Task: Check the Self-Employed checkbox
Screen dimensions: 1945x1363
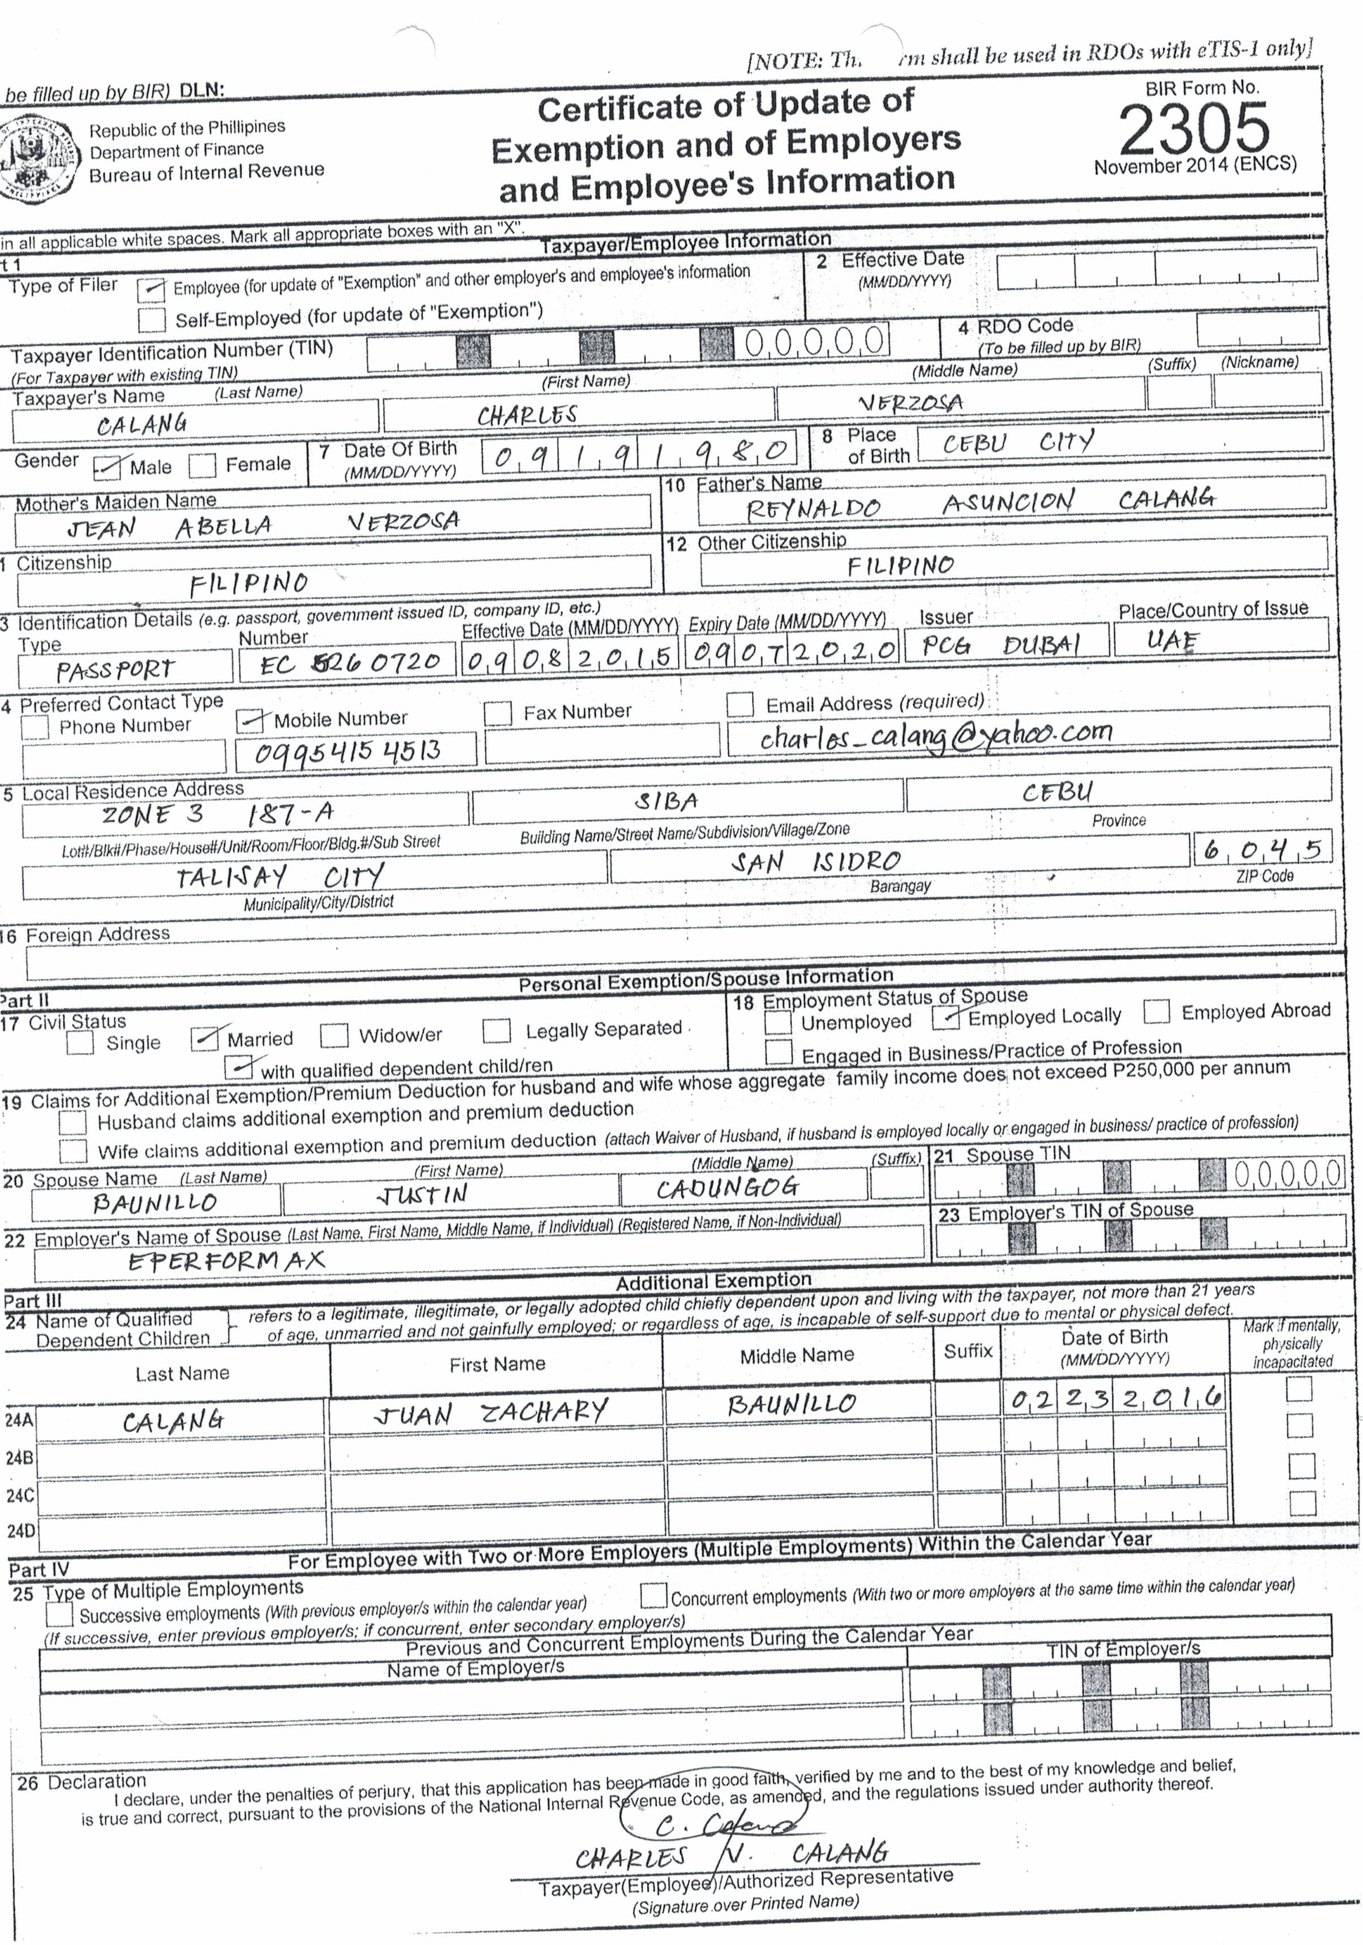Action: tap(152, 319)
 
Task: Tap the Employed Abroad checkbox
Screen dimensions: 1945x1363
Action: tap(1156, 1011)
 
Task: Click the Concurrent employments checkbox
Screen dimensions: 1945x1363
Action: tap(653, 1595)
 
